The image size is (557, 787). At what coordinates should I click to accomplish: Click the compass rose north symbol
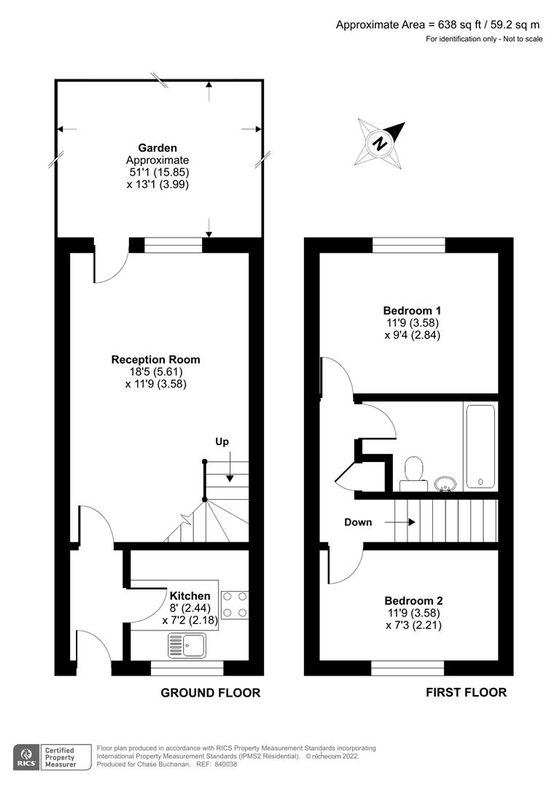tap(379, 142)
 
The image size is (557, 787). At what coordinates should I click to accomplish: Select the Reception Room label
tap(155, 359)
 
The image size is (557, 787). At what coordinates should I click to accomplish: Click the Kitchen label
tap(190, 596)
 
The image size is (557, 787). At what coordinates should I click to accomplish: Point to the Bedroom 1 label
tap(413, 310)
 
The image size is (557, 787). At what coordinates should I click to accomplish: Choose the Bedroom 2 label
tap(413, 601)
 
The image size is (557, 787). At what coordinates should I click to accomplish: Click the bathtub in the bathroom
tap(480, 446)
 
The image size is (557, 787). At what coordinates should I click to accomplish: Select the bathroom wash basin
tap(445, 482)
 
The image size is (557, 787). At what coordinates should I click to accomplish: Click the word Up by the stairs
tap(223, 442)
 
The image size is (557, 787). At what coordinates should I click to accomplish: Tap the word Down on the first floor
tap(357, 522)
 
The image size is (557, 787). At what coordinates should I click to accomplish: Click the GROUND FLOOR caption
tap(210, 692)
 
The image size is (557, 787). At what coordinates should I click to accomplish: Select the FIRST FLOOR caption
tap(466, 692)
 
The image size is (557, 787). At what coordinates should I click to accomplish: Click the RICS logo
tap(26, 756)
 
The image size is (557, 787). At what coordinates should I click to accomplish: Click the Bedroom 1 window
tap(409, 245)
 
